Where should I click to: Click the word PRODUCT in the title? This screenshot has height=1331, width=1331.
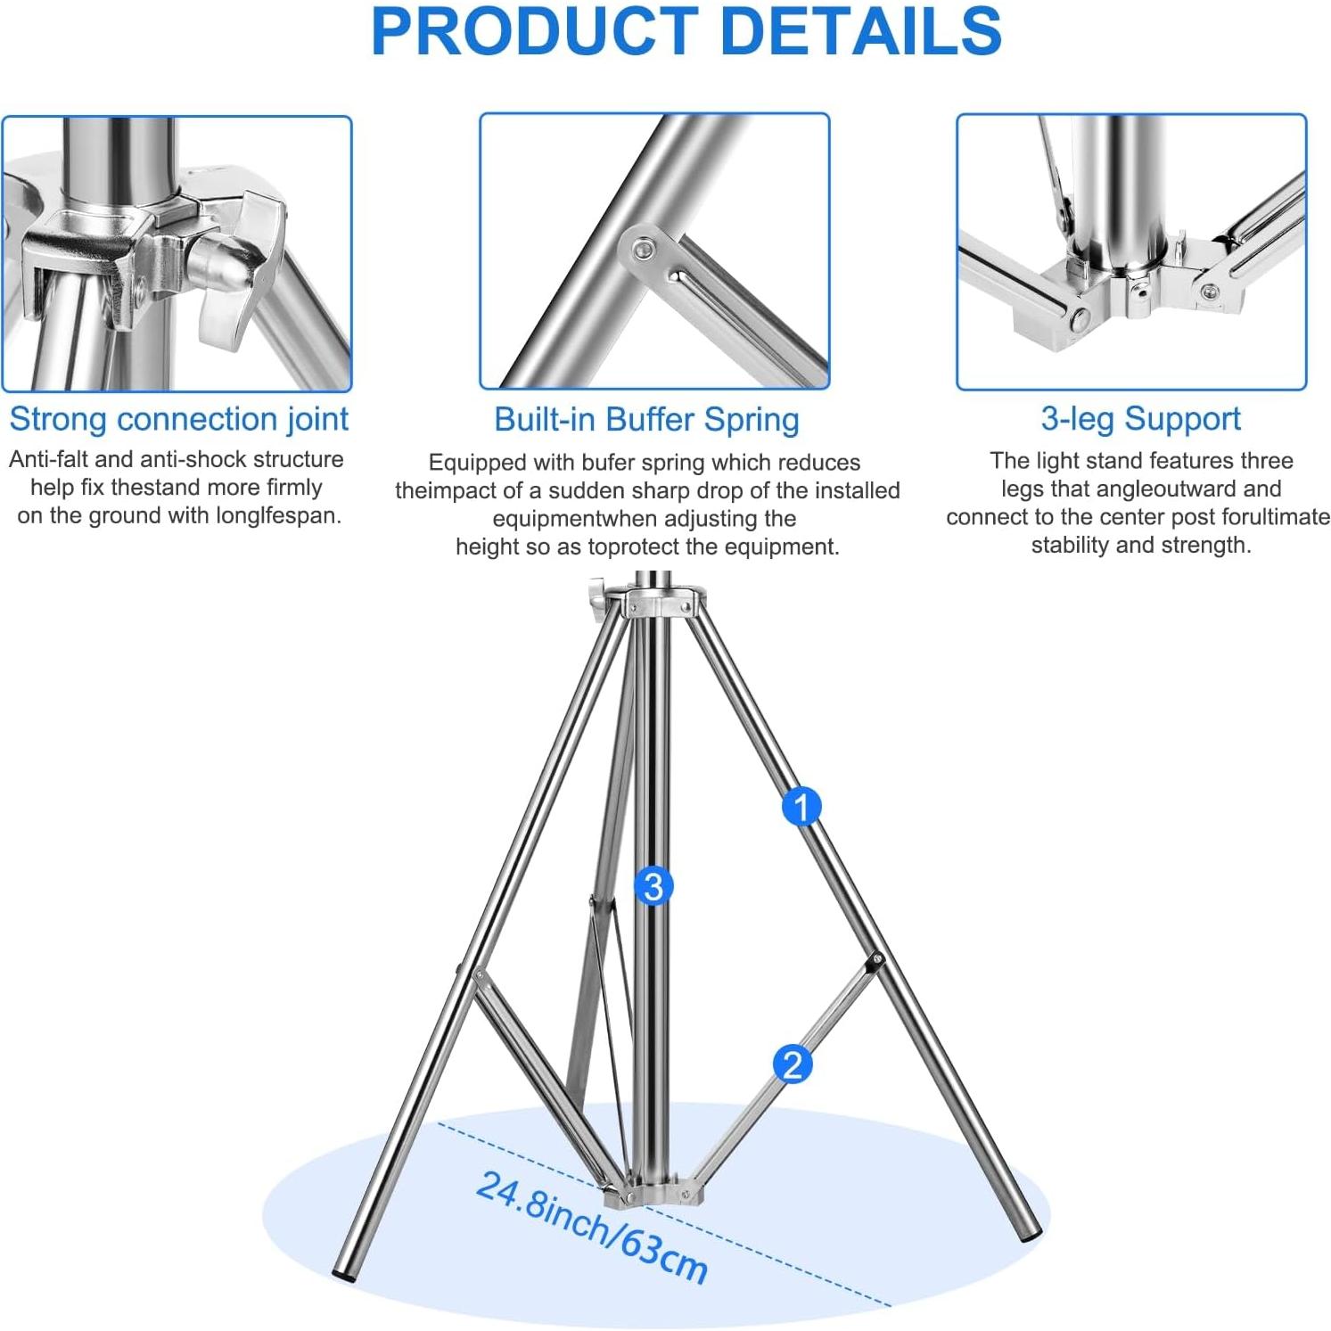pyautogui.click(x=533, y=31)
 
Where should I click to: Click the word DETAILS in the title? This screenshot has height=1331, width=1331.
pyautogui.click(x=859, y=31)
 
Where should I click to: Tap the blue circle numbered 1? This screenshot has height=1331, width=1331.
pyautogui.click(x=801, y=807)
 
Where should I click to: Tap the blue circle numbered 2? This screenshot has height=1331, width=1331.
pyautogui.click(x=792, y=1064)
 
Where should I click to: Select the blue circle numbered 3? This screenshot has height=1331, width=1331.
pyautogui.click(x=653, y=886)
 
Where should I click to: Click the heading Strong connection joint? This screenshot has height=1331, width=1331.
pyautogui.click(x=178, y=419)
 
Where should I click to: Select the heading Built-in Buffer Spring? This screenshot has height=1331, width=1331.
pyautogui.click(x=646, y=419)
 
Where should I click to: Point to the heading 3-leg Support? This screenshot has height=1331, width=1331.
pyautogui.click(x=1140, y=418)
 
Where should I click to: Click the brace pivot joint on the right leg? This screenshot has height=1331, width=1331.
pyautogui.click(x=875, y=961)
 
